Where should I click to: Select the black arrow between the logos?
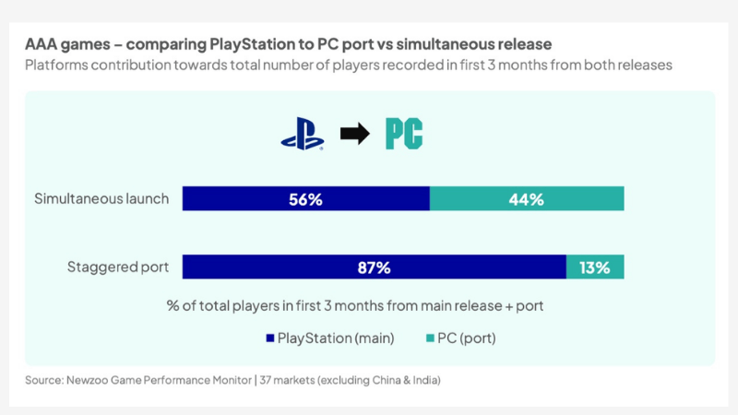click(354, 134)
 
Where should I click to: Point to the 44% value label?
click(526, 199)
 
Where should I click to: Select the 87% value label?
click(374, 267)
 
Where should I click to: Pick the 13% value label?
click(595, 267)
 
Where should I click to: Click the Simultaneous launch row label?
click(101, 199)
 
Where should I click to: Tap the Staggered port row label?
click(118, 267)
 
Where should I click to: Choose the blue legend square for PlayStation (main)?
click(269, 338)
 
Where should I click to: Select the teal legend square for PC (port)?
click(430, 338)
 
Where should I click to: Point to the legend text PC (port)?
click(468, 338)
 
